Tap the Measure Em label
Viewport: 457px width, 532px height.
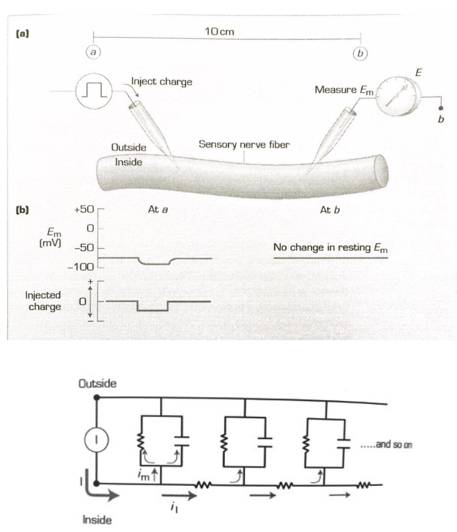tap(339, 89)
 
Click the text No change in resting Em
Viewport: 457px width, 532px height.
tap(330, 247)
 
